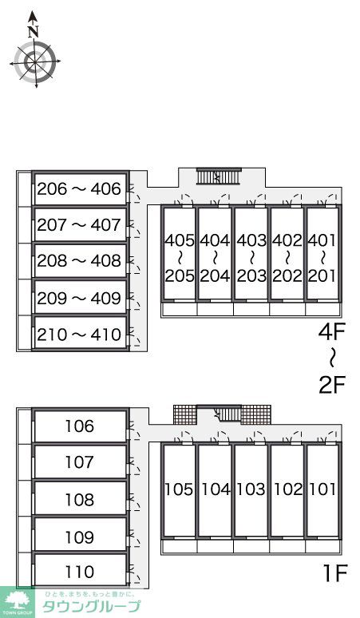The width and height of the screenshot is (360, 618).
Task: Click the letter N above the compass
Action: click(x=34, y=31)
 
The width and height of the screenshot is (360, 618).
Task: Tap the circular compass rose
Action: click(x=35, y=61)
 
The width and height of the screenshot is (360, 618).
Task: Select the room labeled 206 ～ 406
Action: click(x=80, y=188)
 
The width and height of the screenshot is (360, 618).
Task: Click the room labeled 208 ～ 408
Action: click(x=80, y=260)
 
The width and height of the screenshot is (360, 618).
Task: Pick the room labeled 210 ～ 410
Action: click(x=80, y=334)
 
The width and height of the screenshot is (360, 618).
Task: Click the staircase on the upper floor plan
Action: click(x=219, y=176)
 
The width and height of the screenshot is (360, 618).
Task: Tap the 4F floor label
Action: click(x=331, y=332)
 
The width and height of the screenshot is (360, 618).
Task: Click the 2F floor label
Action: click(x=331, y=385)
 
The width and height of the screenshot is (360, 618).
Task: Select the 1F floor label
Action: click(x=334, y=573)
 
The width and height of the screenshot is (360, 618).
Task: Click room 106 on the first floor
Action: click(x=80, y=426)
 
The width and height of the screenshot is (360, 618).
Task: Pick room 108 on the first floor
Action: click(x=80, y=498)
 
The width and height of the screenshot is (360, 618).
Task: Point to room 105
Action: click(x=180, y=489)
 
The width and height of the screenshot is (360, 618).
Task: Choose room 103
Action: click(x=251, y=489)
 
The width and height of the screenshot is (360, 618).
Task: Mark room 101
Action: click(x=323, y=489)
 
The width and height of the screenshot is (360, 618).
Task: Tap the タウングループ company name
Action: click(x=91, y=607)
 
